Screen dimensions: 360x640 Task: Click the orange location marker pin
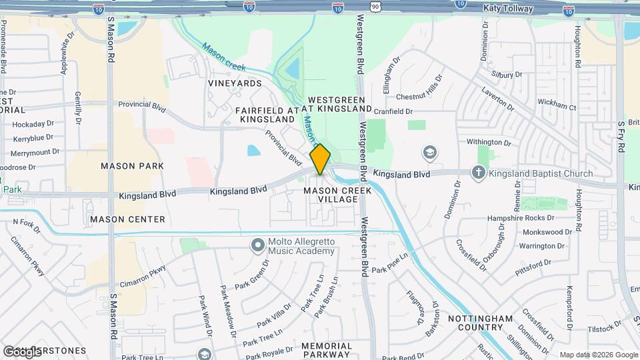(x=320, y=159)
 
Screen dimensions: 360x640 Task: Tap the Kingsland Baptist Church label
(x=541, y=173)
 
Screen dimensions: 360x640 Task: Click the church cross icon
(x=478, y=173)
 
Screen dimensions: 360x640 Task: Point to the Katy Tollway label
(x=509, y=8)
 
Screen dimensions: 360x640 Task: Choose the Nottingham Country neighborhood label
(x=485, y=323)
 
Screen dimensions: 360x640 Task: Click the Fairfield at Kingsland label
(x=265, y=114)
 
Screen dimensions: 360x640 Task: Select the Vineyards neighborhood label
(x=235, y=83)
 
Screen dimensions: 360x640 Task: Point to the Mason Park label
(x=127, y=165)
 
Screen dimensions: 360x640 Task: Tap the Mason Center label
(x=127, y=219)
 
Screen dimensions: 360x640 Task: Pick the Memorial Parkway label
(x=327, y=351)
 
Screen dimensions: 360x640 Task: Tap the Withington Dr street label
(x=489, y=142)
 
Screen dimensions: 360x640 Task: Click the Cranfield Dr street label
(x=393, y=111)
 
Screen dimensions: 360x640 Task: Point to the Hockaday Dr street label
(x=33, y=124)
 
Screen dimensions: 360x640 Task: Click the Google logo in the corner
(x=22, y=351)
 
